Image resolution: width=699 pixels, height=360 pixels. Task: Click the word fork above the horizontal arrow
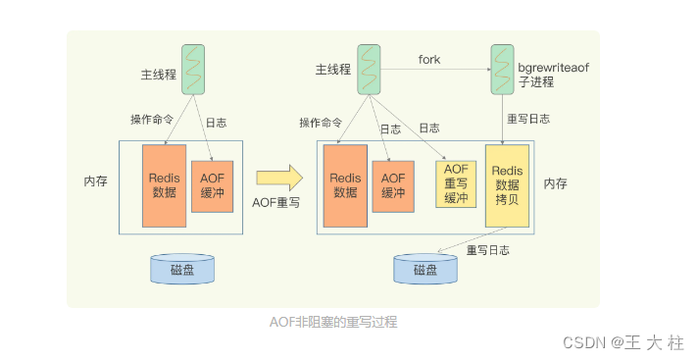(429, 60)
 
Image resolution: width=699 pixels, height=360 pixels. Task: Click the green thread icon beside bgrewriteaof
(501, 70)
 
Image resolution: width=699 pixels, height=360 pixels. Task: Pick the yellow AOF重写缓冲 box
(454, 184)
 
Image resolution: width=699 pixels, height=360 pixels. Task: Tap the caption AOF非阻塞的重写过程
(333, 321)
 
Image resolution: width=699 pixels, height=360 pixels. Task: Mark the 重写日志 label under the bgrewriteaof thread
(527, 120)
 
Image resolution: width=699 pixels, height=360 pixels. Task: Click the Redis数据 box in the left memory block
(164, 184)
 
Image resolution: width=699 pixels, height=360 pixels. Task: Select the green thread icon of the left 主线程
(192, 70)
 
